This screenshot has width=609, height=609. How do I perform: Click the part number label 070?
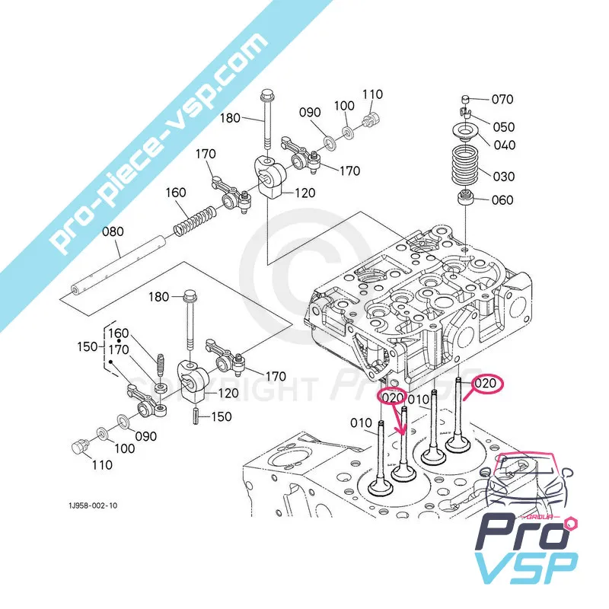pos(502,99)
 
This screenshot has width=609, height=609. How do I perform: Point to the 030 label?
pos(502,176)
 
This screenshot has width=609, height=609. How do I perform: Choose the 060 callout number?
pos(502,200)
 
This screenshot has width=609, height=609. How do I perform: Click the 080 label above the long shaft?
pos(111,228)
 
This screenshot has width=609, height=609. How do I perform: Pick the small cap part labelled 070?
pos(465,99)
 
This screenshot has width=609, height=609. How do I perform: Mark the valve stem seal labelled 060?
pos(464,200)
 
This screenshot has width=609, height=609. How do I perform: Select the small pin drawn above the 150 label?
pos(194,416)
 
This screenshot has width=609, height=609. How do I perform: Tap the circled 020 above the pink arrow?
pos(393,397)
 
